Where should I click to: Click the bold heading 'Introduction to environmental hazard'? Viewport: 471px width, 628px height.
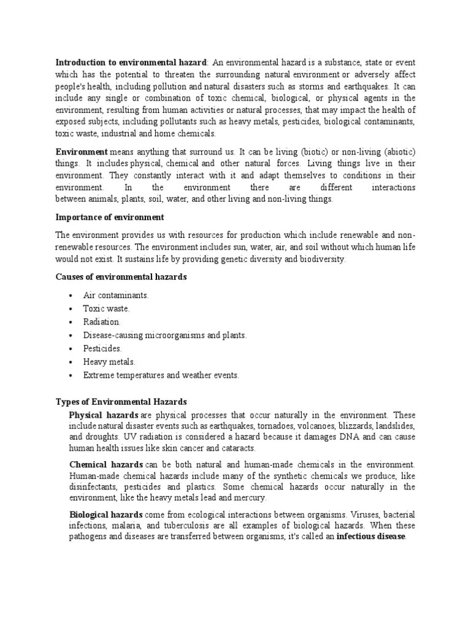point(132,63)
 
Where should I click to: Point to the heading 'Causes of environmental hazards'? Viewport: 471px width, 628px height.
point(121,277)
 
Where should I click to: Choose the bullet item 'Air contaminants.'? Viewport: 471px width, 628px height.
point(116,296)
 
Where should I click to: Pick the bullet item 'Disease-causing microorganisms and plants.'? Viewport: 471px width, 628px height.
point(165,335)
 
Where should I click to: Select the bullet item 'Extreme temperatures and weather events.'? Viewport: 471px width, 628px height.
point(161,375)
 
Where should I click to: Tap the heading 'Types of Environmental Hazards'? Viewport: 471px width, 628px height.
point(121,402)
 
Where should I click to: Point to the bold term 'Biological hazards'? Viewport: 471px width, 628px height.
point(106,515)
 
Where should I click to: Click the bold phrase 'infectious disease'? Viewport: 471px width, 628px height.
point(371,537)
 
